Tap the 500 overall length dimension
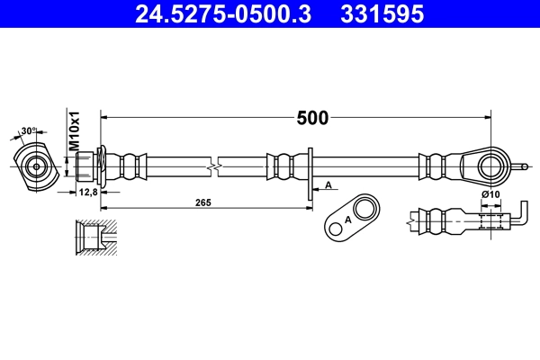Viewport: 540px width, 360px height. tap(312, 117)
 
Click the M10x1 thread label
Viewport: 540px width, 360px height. tap(76, 131)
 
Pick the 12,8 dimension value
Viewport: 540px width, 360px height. tap(88, 192)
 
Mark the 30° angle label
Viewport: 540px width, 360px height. tap(30, 131)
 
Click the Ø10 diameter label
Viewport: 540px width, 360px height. tap(490, 195)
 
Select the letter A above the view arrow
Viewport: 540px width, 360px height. tap(328, 184)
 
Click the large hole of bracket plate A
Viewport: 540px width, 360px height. tap(364, 210)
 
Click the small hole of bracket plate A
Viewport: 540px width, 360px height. tap(337, 229)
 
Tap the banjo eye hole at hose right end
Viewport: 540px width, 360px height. tap(489, 166)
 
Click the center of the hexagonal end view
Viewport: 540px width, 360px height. tap(36, 166)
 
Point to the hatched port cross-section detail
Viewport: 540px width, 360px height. tap(94, 239)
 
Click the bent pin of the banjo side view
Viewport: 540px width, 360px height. tap(520, 220)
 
